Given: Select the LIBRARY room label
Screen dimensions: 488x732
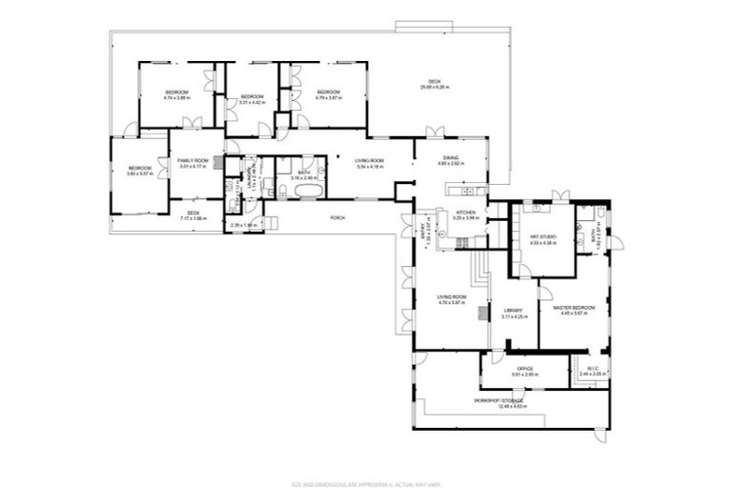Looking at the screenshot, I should coord(513,311).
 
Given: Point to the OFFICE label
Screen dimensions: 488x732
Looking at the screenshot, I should coord(524,368).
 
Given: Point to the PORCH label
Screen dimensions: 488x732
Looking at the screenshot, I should coord(337,216).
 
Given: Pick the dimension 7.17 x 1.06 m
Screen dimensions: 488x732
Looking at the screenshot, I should coord(193,218).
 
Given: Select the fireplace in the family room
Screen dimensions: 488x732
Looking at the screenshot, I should coord(218,163).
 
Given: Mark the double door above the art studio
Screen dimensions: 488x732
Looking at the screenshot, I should coord(560,196).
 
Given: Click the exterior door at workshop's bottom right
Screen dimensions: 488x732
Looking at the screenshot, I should coord(599,437).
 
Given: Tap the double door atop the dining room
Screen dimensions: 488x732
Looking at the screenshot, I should coord(435,132).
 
